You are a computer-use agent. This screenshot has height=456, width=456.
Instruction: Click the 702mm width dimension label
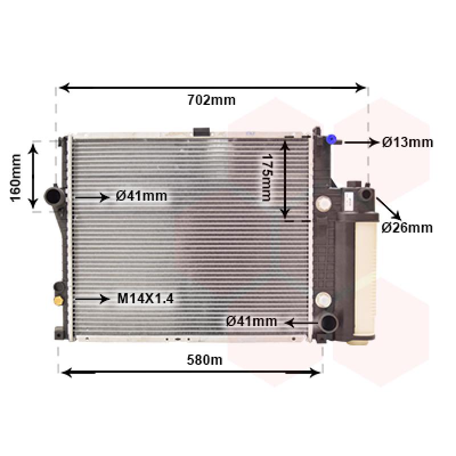211,100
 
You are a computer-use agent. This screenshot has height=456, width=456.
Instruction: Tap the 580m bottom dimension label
205,360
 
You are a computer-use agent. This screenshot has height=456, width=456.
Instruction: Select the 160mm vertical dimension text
16,178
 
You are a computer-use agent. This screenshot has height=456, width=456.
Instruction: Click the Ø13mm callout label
408,142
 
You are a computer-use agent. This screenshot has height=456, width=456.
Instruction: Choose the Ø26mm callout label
407,227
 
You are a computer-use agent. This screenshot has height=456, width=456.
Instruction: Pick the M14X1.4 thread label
145,298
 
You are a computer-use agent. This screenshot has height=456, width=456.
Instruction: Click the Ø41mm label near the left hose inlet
141,196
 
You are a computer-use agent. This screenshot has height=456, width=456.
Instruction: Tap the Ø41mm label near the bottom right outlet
251,321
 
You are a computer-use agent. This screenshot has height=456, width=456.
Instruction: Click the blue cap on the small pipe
331,139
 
